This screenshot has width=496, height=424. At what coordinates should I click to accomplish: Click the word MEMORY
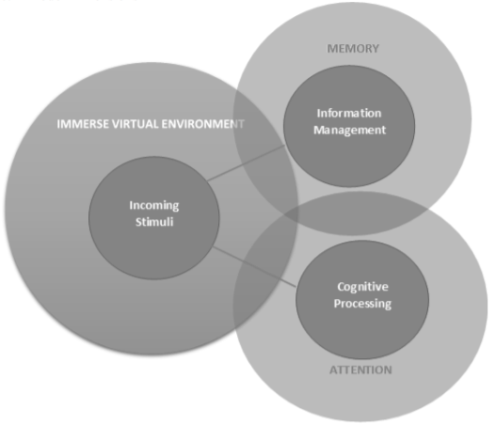(x=353, y=49)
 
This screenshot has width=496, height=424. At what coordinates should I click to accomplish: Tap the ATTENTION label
(x=360, y=370)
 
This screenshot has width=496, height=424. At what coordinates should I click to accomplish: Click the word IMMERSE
(x=83, y=124)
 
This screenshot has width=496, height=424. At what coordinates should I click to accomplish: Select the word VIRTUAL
(x=136, y=124)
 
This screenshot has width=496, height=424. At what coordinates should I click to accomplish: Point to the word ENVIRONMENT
(x=203, y=124)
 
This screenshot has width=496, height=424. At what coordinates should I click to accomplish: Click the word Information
(x=349, y=113)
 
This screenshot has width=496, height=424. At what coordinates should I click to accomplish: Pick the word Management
(x=349, y=130)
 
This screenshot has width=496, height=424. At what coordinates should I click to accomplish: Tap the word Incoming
(x=154, y=206)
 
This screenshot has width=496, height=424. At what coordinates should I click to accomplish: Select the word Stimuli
(x=154, y=222)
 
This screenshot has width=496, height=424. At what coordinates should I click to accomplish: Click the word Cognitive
(x=362, y=287)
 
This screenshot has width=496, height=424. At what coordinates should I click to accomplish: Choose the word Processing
(x=362, y=304)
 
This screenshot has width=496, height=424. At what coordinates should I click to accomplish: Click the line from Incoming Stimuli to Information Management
(x=247, y=163)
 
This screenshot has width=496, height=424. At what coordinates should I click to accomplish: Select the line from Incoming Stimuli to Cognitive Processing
(x=254, y=267)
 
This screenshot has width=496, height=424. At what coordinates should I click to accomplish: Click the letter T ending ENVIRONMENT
(x=241, y=124)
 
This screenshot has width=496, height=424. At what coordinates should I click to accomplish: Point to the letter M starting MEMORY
(x=331, y=49)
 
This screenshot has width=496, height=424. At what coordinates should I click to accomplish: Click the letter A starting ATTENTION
(x=333, y=370)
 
